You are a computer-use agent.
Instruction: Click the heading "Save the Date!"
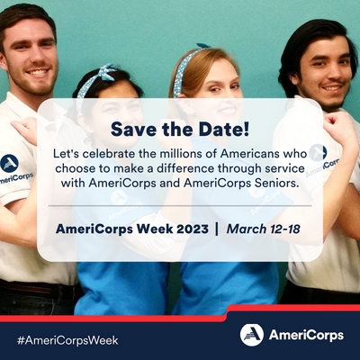tap(180, 130)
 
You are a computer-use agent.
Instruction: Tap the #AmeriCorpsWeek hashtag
tap(67, 341)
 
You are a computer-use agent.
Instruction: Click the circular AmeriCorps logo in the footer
tap(252, 335)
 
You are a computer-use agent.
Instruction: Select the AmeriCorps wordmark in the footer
tap(306, 336)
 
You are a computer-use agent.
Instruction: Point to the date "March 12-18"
tap(263, 229)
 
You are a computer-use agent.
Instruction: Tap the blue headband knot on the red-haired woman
tap(203, 46)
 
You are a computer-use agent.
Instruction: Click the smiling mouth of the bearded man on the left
tap(38, 73)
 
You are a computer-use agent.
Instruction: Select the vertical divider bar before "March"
tap(217, 229)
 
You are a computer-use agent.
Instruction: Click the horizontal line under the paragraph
tap(180, 206)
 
